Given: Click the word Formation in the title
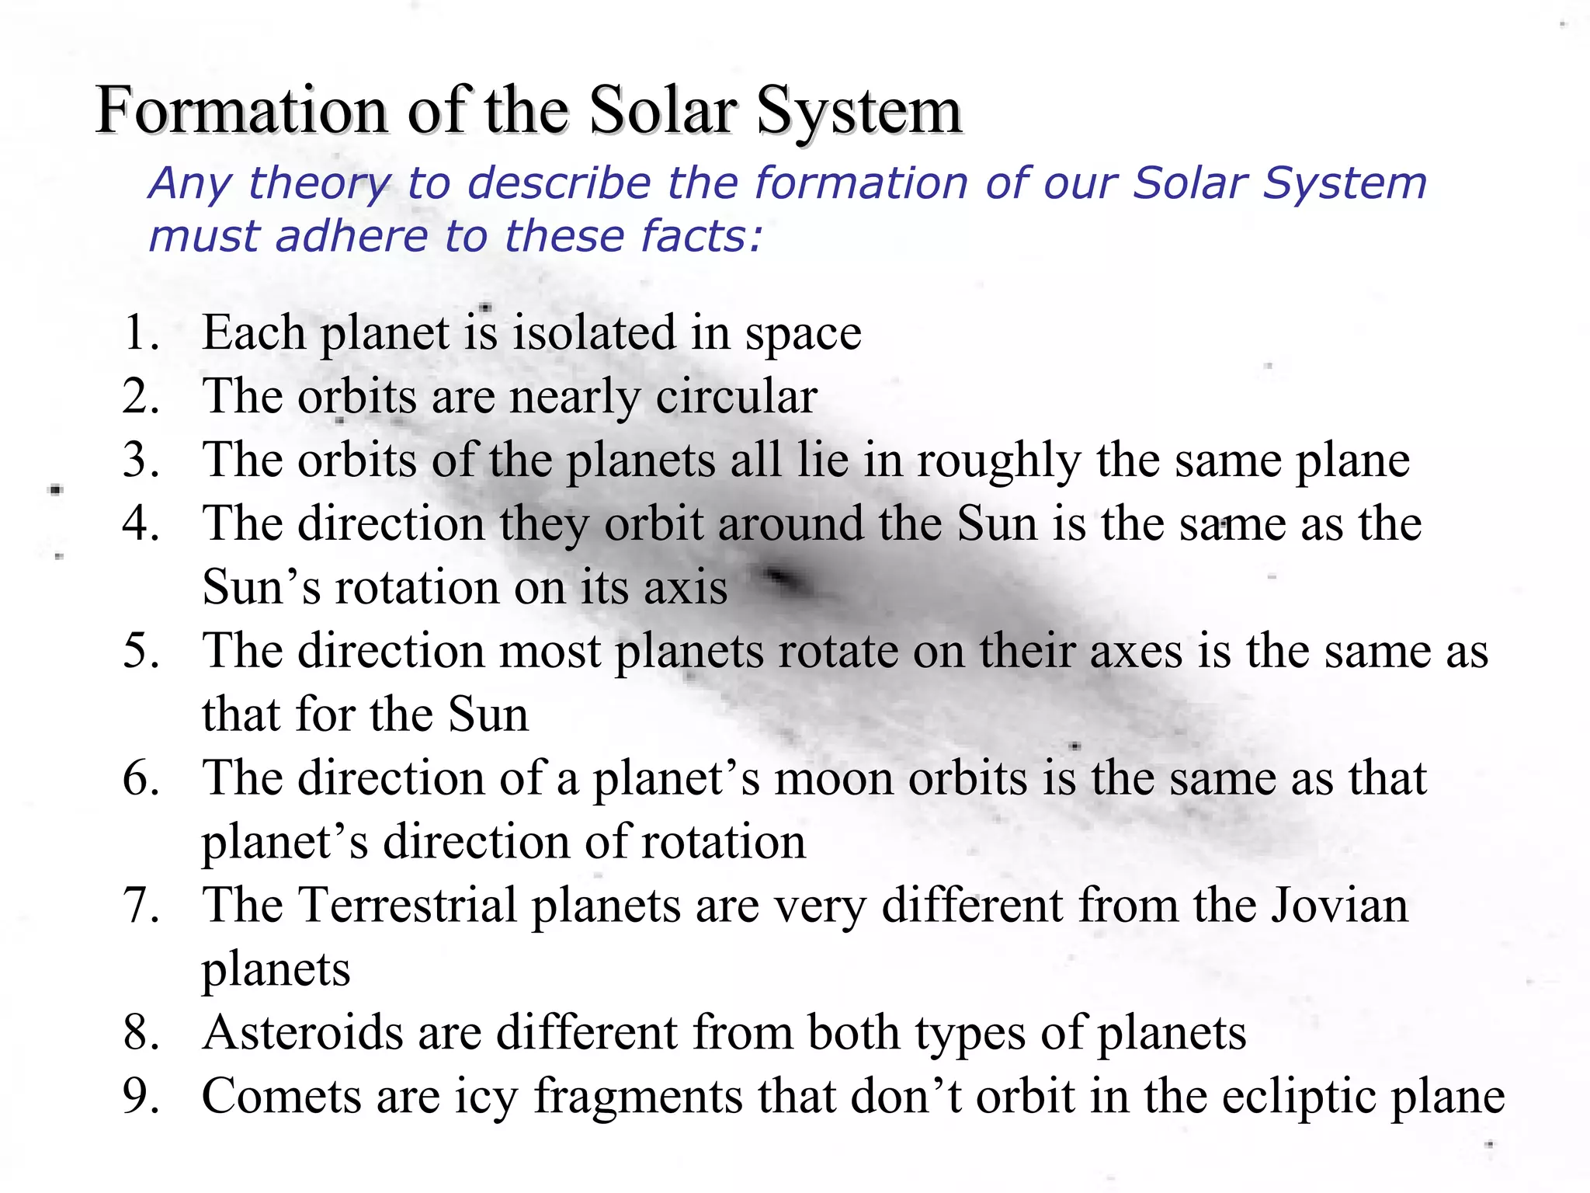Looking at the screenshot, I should (241, 110).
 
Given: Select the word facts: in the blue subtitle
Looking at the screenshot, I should (702, 237).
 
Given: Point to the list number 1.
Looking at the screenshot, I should (140, 333).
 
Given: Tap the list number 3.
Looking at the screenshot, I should (140, 460).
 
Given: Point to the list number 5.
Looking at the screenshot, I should (140, 651).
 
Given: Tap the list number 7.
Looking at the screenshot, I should (140, 906).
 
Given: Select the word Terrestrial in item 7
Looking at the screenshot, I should (408, 906).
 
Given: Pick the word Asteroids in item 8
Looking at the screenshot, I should (303, 1033).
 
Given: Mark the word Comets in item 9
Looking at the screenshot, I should (280, 1097).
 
